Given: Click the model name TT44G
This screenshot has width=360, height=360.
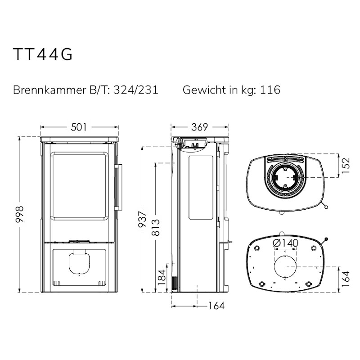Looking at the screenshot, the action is coord(43,54).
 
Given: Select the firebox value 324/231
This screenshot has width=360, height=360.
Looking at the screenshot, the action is coord(136,90).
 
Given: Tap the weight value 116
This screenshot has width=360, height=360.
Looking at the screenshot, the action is coord(270,90).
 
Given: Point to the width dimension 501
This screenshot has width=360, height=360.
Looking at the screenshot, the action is coord(79,127).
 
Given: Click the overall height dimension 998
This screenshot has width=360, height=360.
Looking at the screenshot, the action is coord(20,214).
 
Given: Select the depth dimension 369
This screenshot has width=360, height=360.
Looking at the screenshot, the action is coord(199,127).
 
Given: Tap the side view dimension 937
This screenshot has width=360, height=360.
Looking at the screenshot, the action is coord(142,219).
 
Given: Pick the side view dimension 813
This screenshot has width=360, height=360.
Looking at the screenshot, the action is coord(156,228).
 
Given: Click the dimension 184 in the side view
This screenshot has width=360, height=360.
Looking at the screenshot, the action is coord(162,277).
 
